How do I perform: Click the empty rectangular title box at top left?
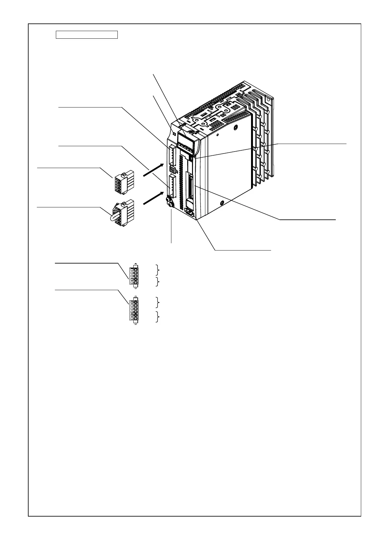tap(87, 35)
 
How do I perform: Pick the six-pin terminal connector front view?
tap(134, 310)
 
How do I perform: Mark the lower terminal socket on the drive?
tap(172, 186)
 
